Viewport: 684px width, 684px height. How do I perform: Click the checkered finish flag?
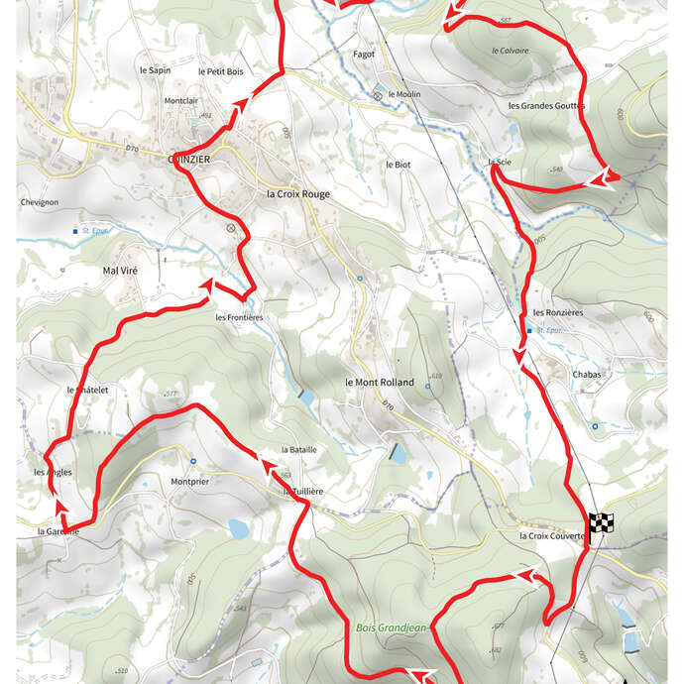[601, 523]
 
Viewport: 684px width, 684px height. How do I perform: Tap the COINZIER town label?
[194, 159]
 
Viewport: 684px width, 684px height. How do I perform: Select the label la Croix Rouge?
[298, 194]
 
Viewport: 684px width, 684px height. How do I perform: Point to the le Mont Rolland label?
[380, 382]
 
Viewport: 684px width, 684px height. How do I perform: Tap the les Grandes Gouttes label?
[546, 105]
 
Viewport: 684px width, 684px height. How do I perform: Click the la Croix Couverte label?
[553, 536]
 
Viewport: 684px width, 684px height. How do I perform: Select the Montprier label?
[190, 483]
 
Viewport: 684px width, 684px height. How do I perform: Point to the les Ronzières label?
[558, 312]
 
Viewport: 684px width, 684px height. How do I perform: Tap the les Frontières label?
[239, 317]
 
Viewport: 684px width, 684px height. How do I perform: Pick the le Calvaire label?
[510, 50]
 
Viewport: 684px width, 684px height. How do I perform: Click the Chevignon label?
[40, 202]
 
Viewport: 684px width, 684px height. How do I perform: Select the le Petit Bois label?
[220, 71]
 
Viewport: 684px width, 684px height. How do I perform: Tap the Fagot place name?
[364, 55]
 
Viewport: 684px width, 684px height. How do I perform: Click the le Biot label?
[397, 164]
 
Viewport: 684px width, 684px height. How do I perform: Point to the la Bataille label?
[298, 449]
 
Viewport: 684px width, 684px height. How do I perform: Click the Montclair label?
[182, 101]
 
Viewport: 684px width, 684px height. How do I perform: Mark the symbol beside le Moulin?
[377, 95]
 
